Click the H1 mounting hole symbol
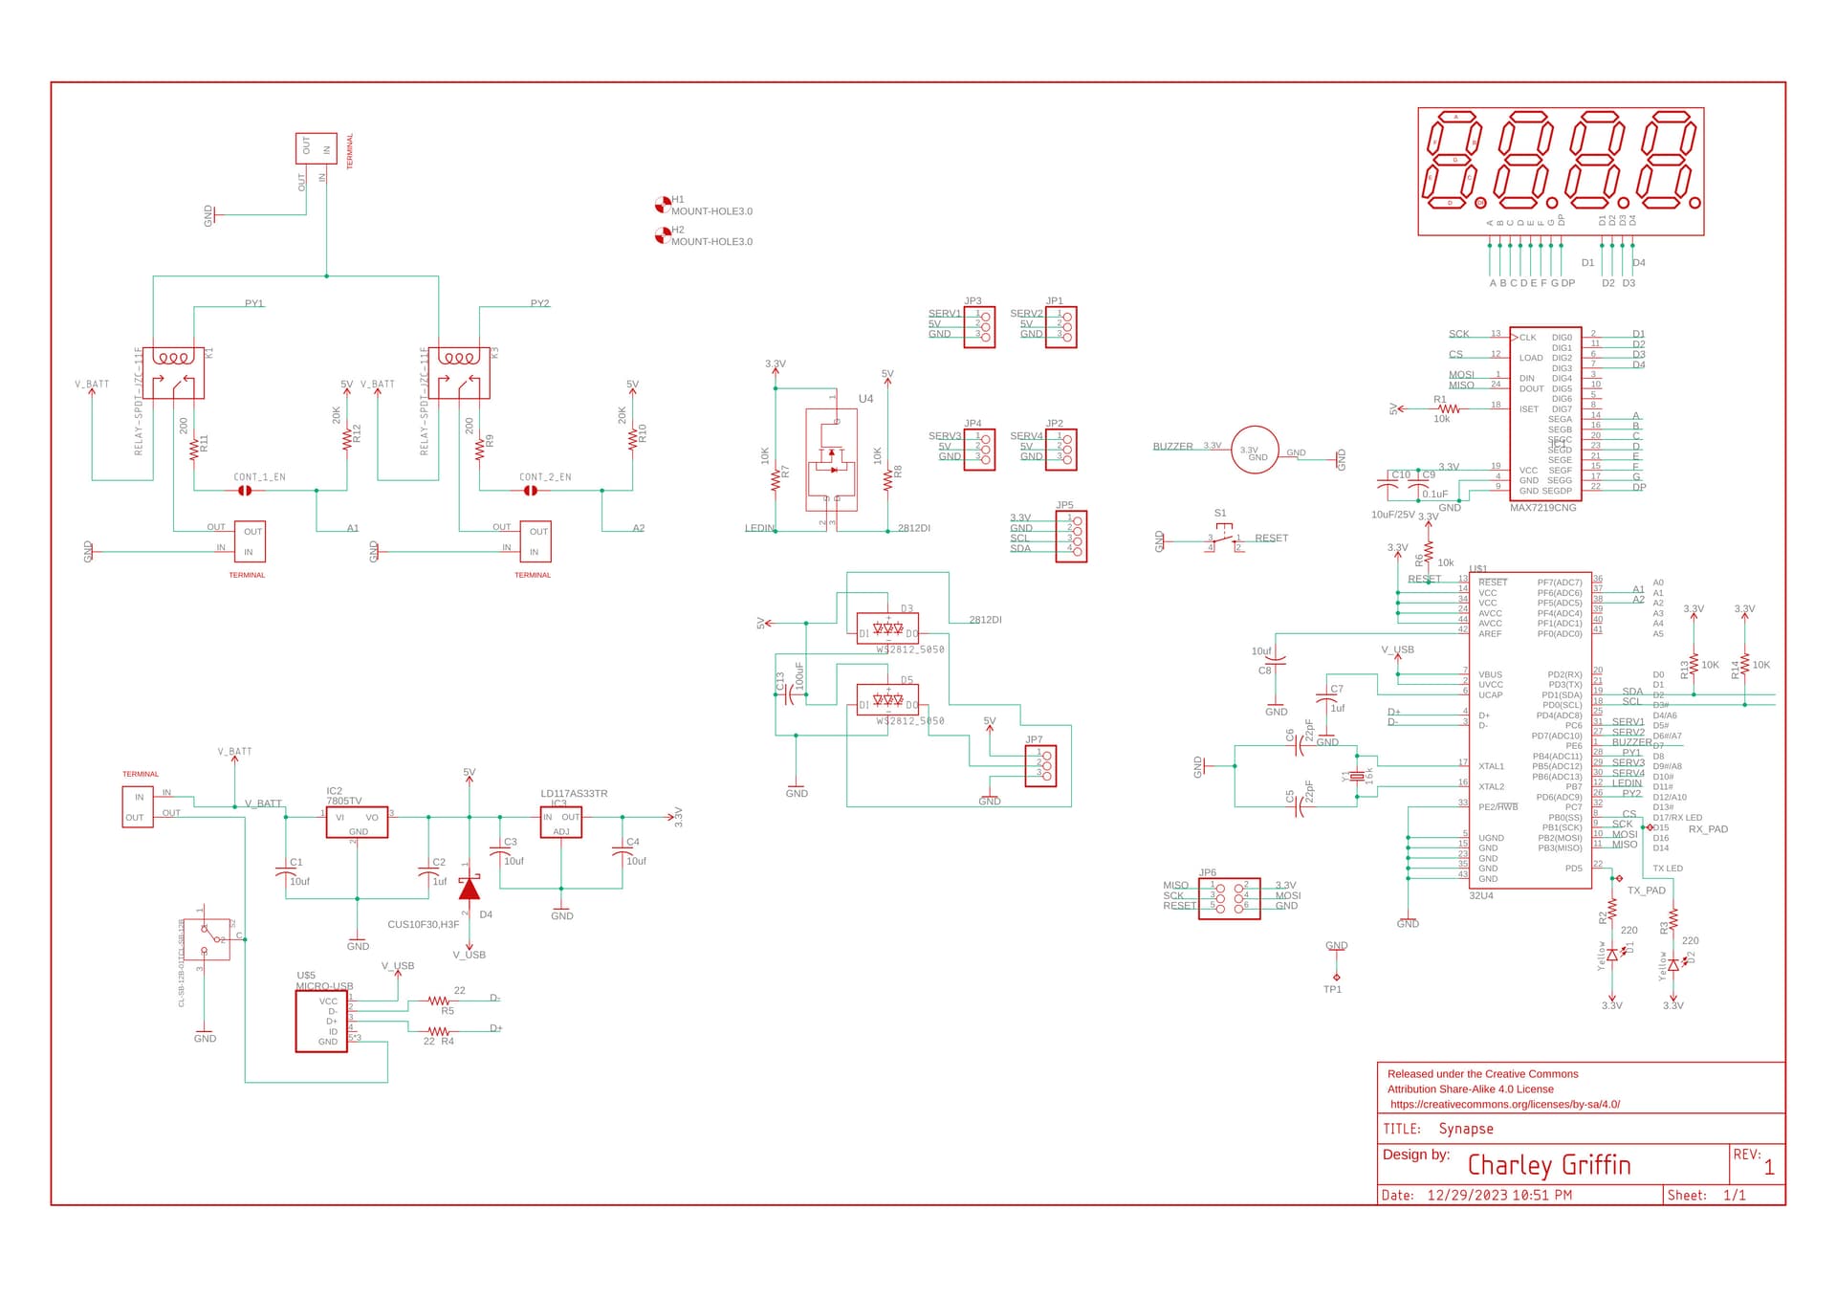662,204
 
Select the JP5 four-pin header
1071,536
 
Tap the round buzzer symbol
1255,451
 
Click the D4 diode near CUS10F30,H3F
469,890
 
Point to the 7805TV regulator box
357,822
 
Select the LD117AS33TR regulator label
574,793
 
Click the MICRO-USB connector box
321,1022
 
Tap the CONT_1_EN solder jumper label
259,476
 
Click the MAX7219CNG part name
1542,508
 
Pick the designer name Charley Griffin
1548,1165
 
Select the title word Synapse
1465,1129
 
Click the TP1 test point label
1332,989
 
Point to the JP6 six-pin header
1229,898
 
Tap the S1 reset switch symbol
1224,539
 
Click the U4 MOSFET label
865,399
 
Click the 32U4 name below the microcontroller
1480,895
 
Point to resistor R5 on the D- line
439,1001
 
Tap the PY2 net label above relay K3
539,303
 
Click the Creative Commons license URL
1504,1104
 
